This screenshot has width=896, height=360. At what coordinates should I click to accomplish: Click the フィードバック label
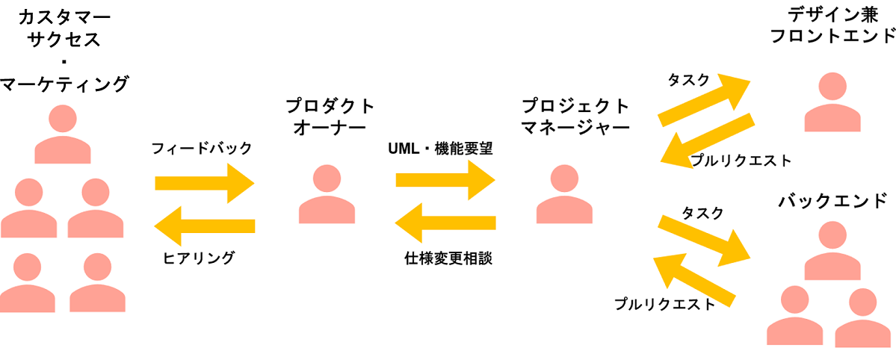[x=202, y=149]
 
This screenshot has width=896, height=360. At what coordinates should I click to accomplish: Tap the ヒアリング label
[x=199, y=258]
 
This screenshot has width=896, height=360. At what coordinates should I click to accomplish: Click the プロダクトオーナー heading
[x=330, y=117]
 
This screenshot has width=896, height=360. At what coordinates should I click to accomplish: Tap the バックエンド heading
[x=832, y=202]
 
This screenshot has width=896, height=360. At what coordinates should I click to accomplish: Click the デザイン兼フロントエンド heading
[x=832, y=25]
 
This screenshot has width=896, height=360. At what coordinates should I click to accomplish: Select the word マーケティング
[x=64, y=85]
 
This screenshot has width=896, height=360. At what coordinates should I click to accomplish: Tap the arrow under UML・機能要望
[x=445, y=180]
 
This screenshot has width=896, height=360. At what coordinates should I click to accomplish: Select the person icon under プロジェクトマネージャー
[x=564, y=193]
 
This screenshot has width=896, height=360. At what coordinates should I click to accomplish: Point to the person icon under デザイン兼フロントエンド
[x=832, y=103]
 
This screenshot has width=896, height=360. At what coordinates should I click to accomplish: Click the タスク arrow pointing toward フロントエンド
[x=704, y=100]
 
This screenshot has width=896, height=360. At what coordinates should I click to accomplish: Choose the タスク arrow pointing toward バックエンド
[x=704, y=240]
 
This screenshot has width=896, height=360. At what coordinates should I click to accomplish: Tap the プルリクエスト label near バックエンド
[x=664, y=304]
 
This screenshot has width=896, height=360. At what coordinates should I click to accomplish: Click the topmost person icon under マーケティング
[x=63, y=135]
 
